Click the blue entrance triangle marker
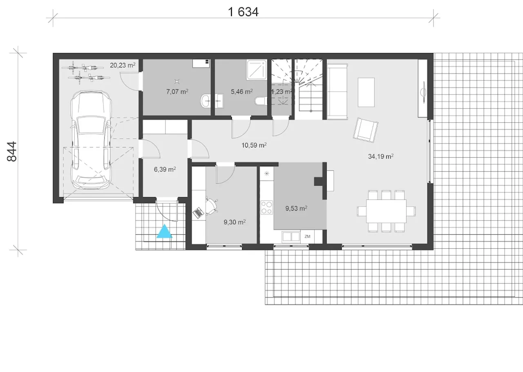pos(164,231)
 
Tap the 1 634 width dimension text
pos(243,12)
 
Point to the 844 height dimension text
pos(12,151)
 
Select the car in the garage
pos(91,140)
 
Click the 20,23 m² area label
pos(123,65)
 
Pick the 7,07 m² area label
pos(177,91)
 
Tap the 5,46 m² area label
pos(241,91)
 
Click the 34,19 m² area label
pos(380,156)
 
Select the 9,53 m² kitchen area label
pos(296,208)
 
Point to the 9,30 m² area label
pos(235,222)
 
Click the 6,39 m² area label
pos(165,169)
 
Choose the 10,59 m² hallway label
pos(254,145)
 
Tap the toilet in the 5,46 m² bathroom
pos(261,101)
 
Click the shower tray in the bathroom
pos(257,70)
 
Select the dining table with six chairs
pos(386,211)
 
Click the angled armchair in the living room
pos(366,130)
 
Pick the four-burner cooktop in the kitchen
pos(267,207)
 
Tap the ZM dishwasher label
pos(307,237)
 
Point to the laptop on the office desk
pos(198,213)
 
